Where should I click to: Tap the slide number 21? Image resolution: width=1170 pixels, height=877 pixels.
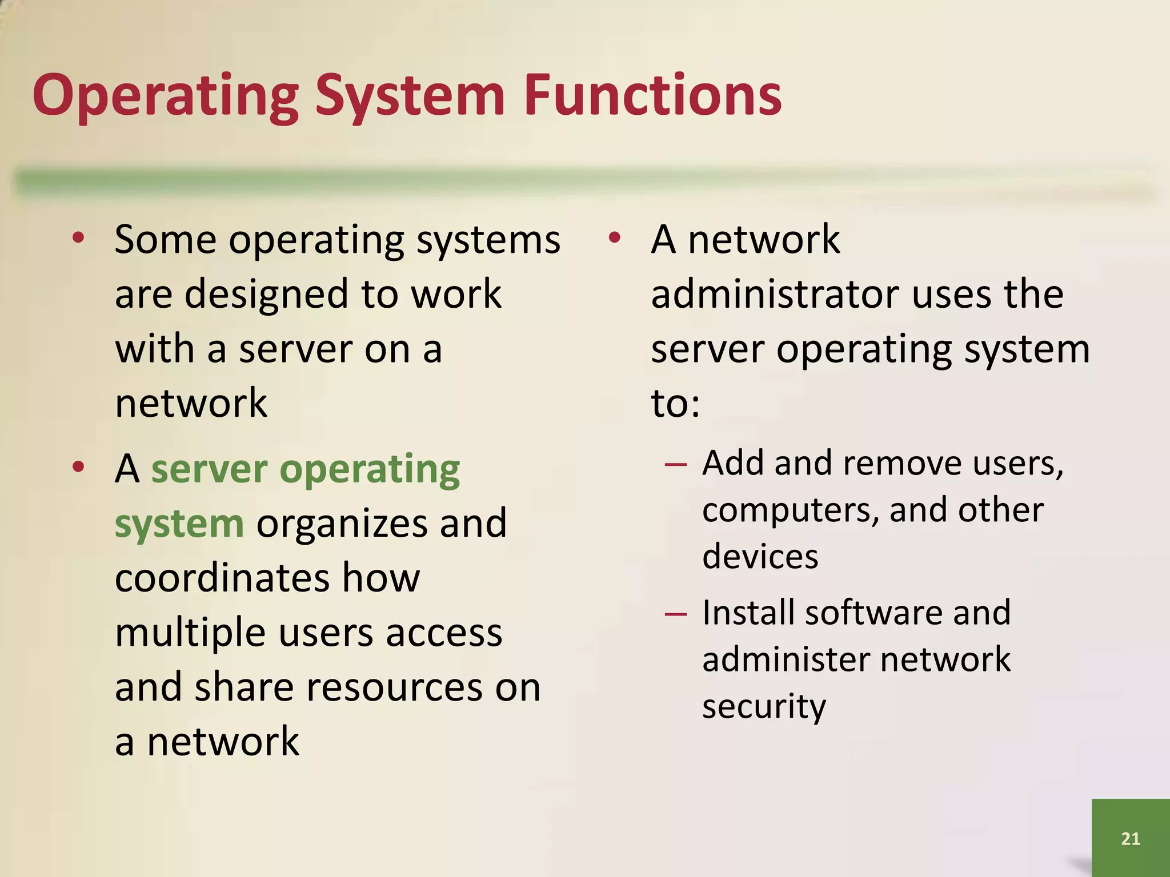point(1130,838)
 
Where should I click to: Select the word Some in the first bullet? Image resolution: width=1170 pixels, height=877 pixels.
point(165,240)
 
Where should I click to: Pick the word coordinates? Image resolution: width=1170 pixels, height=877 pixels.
point(221,578)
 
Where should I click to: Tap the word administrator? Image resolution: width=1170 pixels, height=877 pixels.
point(775,295)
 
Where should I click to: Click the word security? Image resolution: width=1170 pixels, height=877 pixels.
point(764,707)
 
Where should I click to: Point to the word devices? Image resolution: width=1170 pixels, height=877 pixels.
point(760,557)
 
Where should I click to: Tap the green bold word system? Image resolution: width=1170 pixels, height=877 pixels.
point(179,524)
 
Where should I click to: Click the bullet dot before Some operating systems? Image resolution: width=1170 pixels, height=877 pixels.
point(79,239)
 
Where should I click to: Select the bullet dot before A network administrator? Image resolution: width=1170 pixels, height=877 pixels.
point(614,239)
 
